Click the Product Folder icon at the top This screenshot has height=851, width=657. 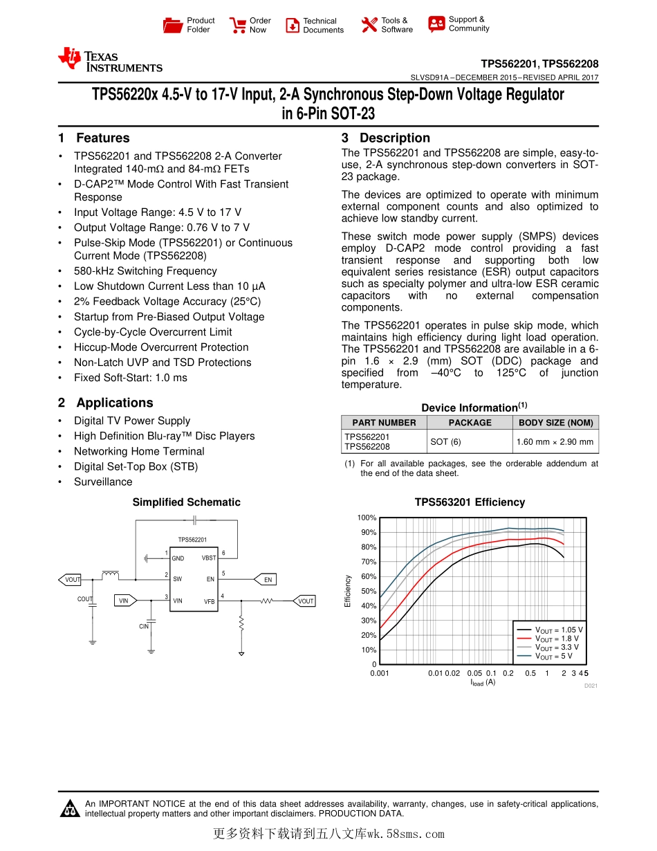[x=173, y=26]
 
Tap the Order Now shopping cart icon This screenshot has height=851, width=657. [x=238, y=26]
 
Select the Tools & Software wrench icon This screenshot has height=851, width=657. [x=369, y=25]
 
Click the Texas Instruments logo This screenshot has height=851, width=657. [x=111, y=60]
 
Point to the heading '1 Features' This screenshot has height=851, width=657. [x=94, y=138]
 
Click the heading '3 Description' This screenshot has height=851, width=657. [x=386, y=138]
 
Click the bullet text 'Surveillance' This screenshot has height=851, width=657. [x=103, y=482]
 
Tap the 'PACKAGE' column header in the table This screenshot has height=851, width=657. [x=470, y=423]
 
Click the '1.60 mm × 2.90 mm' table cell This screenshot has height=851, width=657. [x=555, y=441]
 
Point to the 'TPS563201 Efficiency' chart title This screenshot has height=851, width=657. [x=470, y=502]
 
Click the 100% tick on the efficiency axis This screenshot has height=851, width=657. [x=367, y=518]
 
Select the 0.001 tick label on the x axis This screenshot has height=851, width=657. [x=380, y=673]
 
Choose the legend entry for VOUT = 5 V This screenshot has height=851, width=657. [x=553, y=656]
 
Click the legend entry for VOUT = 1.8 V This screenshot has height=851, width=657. [x=556, y=639]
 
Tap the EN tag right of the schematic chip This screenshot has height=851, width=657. [x=268, y=580]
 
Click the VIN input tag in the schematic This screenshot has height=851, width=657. [x=124, y=601]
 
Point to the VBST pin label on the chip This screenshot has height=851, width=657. [x=208, y=558]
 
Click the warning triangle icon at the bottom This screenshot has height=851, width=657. [x=69, y=808]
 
